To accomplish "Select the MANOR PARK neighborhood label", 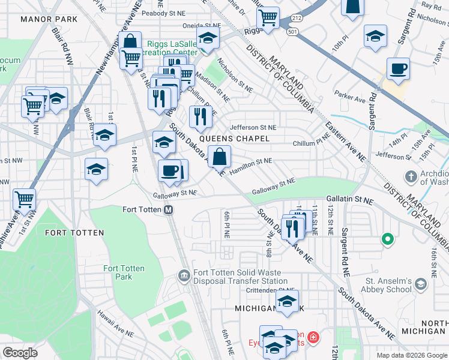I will point(49,19).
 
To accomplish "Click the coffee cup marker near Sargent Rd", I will point(398,69).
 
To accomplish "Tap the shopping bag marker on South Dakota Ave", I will point(221,157).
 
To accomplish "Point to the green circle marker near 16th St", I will point(388,240).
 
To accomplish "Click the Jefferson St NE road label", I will point(253,128).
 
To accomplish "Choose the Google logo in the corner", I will point(20,353).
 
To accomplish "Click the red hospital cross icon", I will point(312,340).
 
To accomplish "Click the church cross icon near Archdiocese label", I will point(411,177).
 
